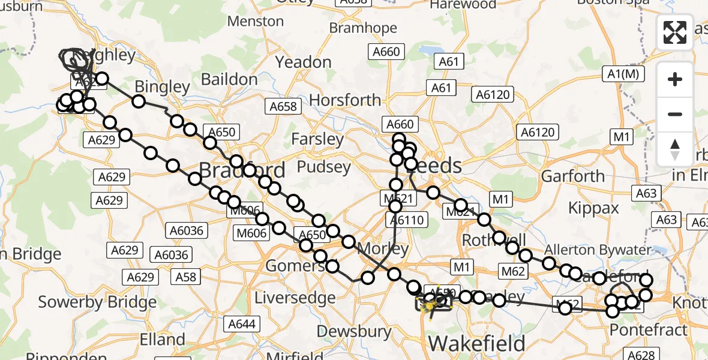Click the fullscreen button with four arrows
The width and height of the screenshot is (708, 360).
coord(675,32)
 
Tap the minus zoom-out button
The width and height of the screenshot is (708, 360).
coord(675,114)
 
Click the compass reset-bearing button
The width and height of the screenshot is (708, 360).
coord(675,149)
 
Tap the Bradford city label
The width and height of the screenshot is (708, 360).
coord(242,170)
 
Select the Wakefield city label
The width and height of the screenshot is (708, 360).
coord(477,344)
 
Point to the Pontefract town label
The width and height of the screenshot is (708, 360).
coord(649,329)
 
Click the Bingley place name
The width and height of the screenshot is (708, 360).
coord(162,87)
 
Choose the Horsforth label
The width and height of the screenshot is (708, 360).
coord(347,100)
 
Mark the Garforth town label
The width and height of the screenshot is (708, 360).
coord(573,176)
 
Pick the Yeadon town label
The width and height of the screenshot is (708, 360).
coord(303,62)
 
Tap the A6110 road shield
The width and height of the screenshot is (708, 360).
coord(407,220)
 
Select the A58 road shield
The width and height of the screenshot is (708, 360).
coord(185,276)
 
